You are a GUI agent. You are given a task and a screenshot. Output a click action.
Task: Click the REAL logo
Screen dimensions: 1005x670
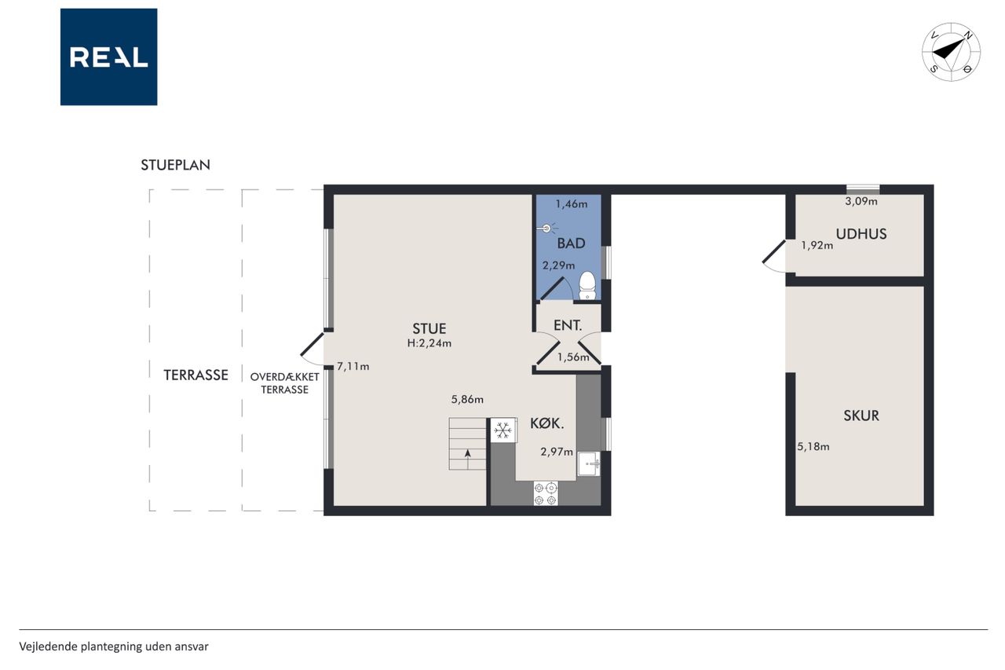click(x=108, y=57)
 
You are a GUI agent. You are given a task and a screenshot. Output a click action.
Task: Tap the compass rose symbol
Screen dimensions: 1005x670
click(x=951, y=52)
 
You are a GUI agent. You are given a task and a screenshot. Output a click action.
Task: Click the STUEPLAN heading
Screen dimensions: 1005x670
click(x=175, y=165)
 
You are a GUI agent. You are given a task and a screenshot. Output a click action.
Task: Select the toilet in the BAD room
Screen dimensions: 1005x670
click(x=587, y=286)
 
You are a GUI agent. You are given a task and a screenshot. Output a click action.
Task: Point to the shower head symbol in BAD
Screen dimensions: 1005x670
click(x=547, y=229)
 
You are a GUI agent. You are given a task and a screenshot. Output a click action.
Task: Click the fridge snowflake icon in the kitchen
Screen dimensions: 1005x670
click(x=503, y=430)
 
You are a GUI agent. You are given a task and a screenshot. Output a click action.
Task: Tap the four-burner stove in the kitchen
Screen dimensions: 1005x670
click(x=546, y=493)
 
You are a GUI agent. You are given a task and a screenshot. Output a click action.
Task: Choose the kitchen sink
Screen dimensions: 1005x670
click(x=589, y=463)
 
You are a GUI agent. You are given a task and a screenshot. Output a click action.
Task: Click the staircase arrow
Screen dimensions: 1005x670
click(x=468, y=458)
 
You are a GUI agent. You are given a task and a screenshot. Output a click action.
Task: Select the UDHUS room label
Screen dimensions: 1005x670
click(x=861, y=234)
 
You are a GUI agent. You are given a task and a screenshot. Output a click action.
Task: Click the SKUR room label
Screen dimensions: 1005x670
click(x=861, y=416)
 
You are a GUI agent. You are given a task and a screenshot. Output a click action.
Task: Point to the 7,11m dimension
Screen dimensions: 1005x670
click(x=353, y=367)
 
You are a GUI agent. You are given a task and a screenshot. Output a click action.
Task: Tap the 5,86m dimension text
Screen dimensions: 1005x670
click(x=467, y=399)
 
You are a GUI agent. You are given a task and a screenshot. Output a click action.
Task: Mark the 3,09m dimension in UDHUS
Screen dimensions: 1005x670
click(x=861, y=202)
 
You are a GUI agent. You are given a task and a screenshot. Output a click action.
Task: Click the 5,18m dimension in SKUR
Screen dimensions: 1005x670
click(x=813, y=447)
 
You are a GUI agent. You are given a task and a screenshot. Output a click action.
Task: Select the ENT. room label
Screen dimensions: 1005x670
click(x=568, y=325)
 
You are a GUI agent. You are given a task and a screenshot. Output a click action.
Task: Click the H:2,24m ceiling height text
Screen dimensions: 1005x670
click(x=429, y=343)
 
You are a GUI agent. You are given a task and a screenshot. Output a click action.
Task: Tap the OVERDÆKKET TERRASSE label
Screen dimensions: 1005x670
click(x=284, y=383)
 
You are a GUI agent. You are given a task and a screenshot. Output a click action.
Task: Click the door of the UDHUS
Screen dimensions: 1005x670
click(x=774, y=252)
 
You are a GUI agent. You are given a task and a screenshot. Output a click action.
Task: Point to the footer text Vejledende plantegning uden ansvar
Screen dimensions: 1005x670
click(x=114, y=646)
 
